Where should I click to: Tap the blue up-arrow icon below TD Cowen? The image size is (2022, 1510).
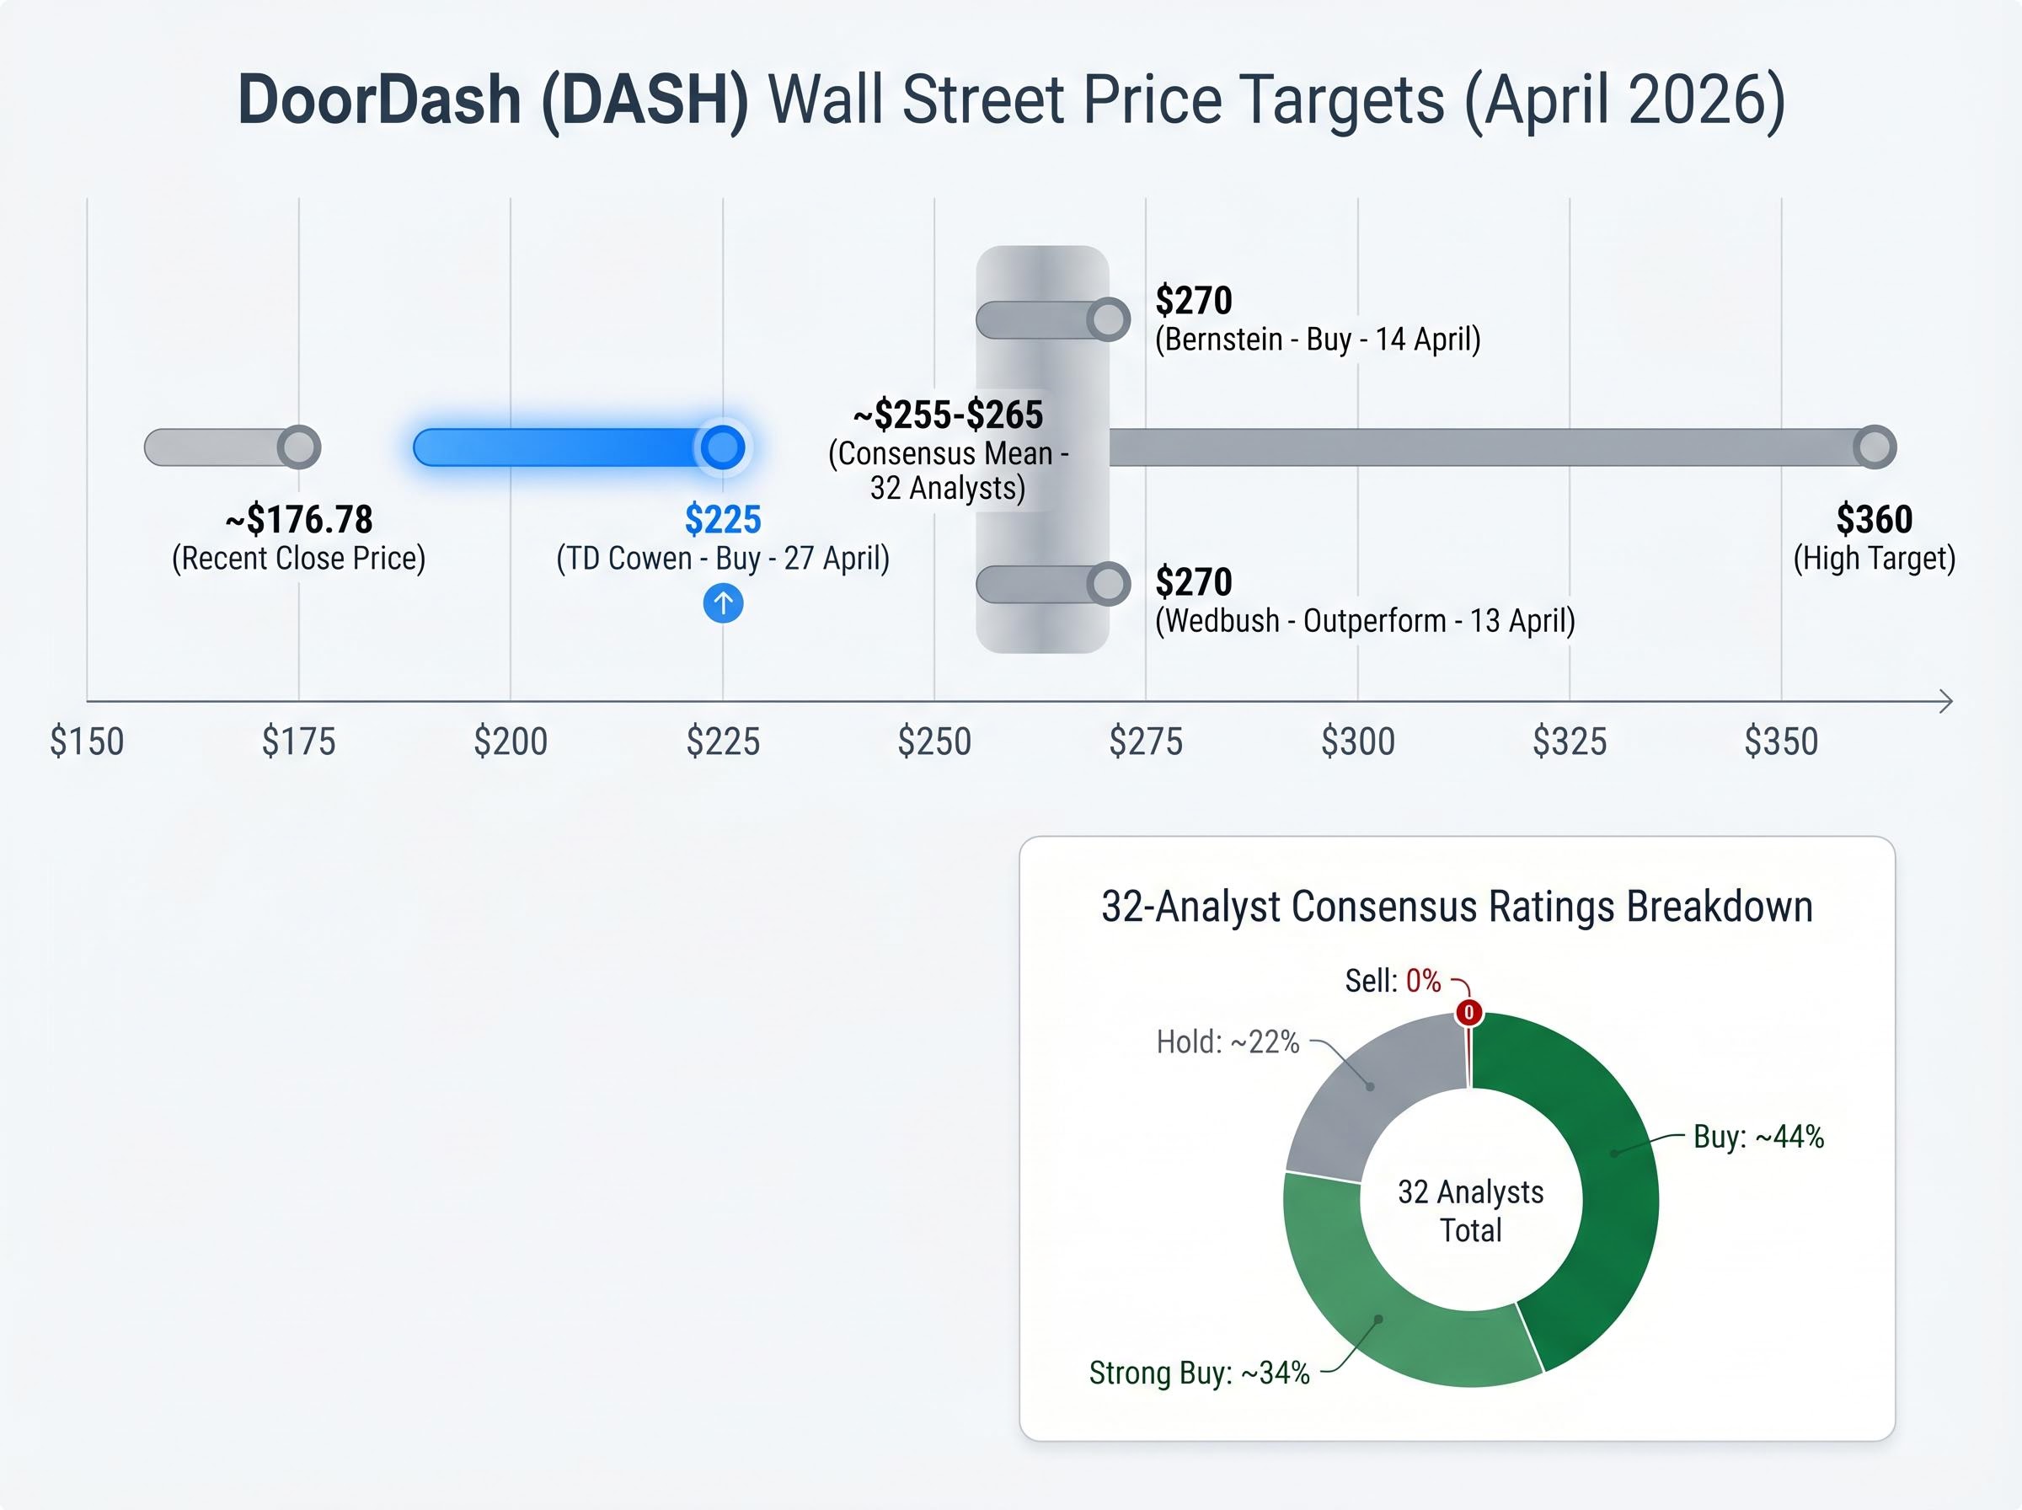point(723,603)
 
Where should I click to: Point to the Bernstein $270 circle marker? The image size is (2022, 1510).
point(1108,320)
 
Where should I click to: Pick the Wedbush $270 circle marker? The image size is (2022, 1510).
point(1108,585)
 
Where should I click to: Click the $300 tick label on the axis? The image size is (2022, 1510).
point(1358,742)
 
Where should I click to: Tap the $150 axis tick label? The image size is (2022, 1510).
point(87,742)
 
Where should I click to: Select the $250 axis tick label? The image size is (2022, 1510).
point(933,742)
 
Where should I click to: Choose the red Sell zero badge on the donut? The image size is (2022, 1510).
point(1469,1013)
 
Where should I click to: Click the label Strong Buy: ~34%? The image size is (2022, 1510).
point(1199,1373)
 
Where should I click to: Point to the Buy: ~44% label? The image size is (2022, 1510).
point(1758,1137)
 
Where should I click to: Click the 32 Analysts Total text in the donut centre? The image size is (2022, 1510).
point(1470,1211)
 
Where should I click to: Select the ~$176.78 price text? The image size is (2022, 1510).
point(299,519)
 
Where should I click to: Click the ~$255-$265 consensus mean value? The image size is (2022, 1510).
point(948,415)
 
